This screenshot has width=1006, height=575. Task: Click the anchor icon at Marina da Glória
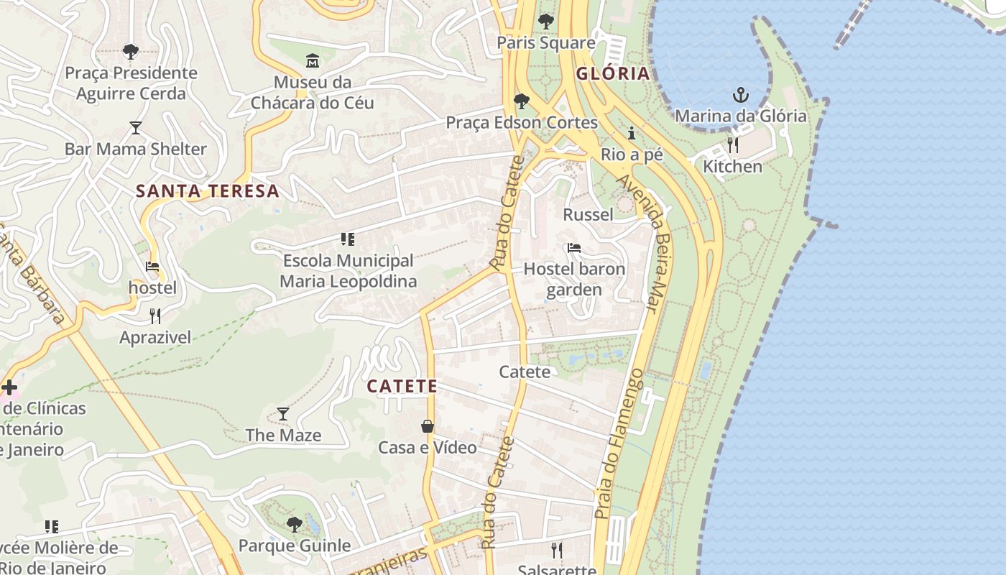point(740,95)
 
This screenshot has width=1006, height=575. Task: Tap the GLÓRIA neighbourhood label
point(613,73)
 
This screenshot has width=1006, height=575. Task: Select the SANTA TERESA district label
point(207,191)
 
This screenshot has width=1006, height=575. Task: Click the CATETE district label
point(402,387)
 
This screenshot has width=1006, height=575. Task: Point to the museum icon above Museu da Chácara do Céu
point(312,60)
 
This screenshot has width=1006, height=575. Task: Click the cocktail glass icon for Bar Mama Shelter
point(135,128)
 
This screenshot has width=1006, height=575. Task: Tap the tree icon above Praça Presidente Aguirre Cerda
point(130,51)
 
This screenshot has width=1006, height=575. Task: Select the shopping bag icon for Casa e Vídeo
point(428,426)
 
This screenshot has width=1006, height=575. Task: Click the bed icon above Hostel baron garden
point(573,248)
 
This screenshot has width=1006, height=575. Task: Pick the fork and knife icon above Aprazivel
point(154,316)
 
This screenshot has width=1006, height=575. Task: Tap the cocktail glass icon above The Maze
point(283,414)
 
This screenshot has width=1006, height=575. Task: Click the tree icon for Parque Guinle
point(294,524)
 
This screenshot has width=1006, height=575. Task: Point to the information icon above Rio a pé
point(632,133)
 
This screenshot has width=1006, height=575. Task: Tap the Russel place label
point(588,214)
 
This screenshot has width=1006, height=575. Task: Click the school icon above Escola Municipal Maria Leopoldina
point(348,239)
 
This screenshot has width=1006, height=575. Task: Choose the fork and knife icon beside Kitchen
point(733,145)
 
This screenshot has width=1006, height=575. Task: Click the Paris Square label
point(546,43)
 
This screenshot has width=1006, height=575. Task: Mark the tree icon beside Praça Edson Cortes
point(522,101)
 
